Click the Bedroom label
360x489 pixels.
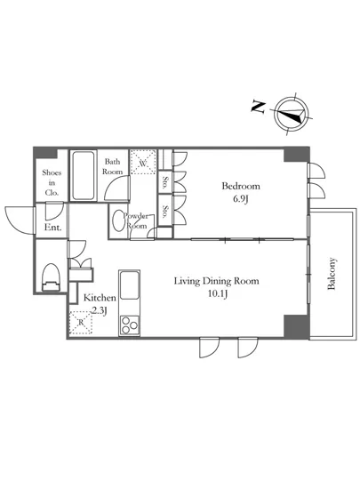[241, 186]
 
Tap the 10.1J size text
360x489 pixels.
[218, 293]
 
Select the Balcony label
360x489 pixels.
[332, 274]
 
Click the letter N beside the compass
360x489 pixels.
[258, 107]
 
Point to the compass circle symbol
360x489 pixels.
[292, 114]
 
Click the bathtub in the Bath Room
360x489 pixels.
[83, 175]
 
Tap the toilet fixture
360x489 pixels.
[50, 277]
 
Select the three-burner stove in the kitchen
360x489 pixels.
[130, 325]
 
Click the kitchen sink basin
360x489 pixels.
[130, 285]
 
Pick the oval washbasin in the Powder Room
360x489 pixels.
[119, 220]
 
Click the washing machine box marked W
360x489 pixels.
[143, 162]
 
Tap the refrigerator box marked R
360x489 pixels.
[81, 323]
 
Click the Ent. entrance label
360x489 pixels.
[52, 228]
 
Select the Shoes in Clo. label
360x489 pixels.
[52, 182]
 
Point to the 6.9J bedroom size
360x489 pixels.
[241, 198]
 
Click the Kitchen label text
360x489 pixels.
[100, 298]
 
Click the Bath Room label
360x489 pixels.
[113, 166]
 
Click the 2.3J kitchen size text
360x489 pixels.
[100, 311]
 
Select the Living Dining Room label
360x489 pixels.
[216, 281]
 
